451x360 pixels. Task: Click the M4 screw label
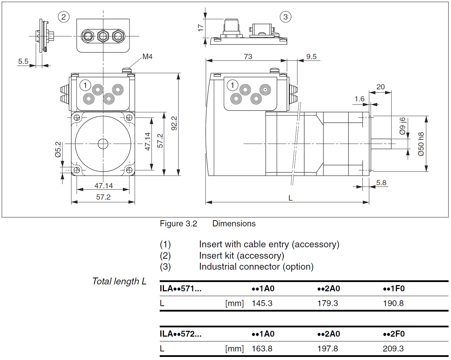147,57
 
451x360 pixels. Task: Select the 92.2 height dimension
174,123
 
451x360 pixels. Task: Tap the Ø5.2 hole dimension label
58,150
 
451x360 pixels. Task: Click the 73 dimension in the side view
248,57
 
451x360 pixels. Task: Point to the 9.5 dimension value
311,57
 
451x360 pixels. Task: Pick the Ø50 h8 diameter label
421,144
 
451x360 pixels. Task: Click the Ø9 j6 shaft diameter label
403,126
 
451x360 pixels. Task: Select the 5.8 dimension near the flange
381,182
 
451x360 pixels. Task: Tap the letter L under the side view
290,198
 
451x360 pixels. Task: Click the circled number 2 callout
64,16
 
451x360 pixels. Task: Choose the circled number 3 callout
285,16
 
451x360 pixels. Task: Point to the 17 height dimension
201,27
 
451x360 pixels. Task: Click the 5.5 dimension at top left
23,61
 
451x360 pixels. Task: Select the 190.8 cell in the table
393,303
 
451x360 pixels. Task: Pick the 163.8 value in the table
262,349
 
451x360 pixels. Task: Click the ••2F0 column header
394,334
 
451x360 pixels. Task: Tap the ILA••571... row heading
181,289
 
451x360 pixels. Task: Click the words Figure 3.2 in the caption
178,224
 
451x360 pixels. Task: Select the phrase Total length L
119,281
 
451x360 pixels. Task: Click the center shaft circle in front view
103,144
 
